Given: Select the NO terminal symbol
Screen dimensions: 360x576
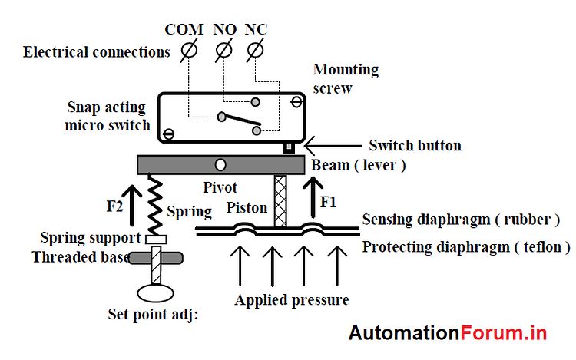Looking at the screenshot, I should click(x=223, y=51).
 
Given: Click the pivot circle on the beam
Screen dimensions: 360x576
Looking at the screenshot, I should click(x=221, y=164).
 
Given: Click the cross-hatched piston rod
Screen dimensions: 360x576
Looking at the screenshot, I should click(x=280, y=201).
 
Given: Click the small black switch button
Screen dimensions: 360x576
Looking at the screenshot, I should click(x=290, y=147).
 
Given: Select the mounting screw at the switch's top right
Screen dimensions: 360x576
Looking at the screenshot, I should click(x=295, y=100).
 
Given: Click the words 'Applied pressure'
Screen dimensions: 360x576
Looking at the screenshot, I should click(x=292, y=299).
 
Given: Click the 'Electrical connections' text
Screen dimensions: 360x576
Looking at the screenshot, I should click(x=96, y=52).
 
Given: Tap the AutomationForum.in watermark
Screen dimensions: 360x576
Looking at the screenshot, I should click(x=448, y=333).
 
